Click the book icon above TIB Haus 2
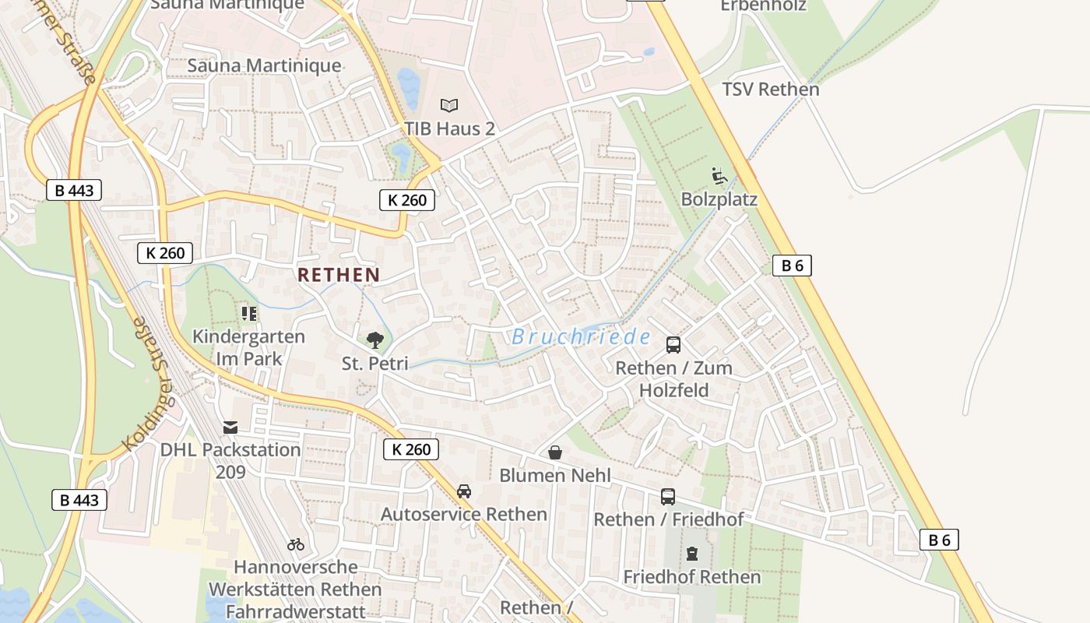pyautogui.click(x=449, y=105)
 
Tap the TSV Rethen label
pyautogui.click(x=770, y=89)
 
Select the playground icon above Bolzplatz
pyautogui.click(x=719, y=176)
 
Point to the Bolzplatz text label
pyautogui.click(x=719, y=199)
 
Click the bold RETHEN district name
pyautogui.click(x=339, y=275)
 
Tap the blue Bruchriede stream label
pyautogui.click(x=581, y=337)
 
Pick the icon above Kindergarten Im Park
pyautogui.click(x=249, y=314)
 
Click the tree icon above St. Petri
pyautogui.click(x=375, y=340)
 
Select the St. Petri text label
pyautogui.click(x=374, y=364)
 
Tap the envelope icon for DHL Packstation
pyautogui.click(x=230, y=428)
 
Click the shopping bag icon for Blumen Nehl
pyautogui.click(x=555, y=452)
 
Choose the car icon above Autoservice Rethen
pyautogui.click(x=464, y=491)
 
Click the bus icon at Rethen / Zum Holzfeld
pyautogui.click(x=673, y=345)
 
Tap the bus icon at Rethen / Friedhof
pyautogui.click(x=668, y=497)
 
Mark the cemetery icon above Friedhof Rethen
pyautogui.click(x=691, y=554)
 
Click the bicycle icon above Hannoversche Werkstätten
pyautogui.click(x=296, y=544)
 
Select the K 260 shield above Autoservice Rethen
pyautogui.click(x=411, y=449)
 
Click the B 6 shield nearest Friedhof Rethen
pyautogui.click(x=939, y=540)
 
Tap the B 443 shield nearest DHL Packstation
pyautogui.click(x=79, y=500)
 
